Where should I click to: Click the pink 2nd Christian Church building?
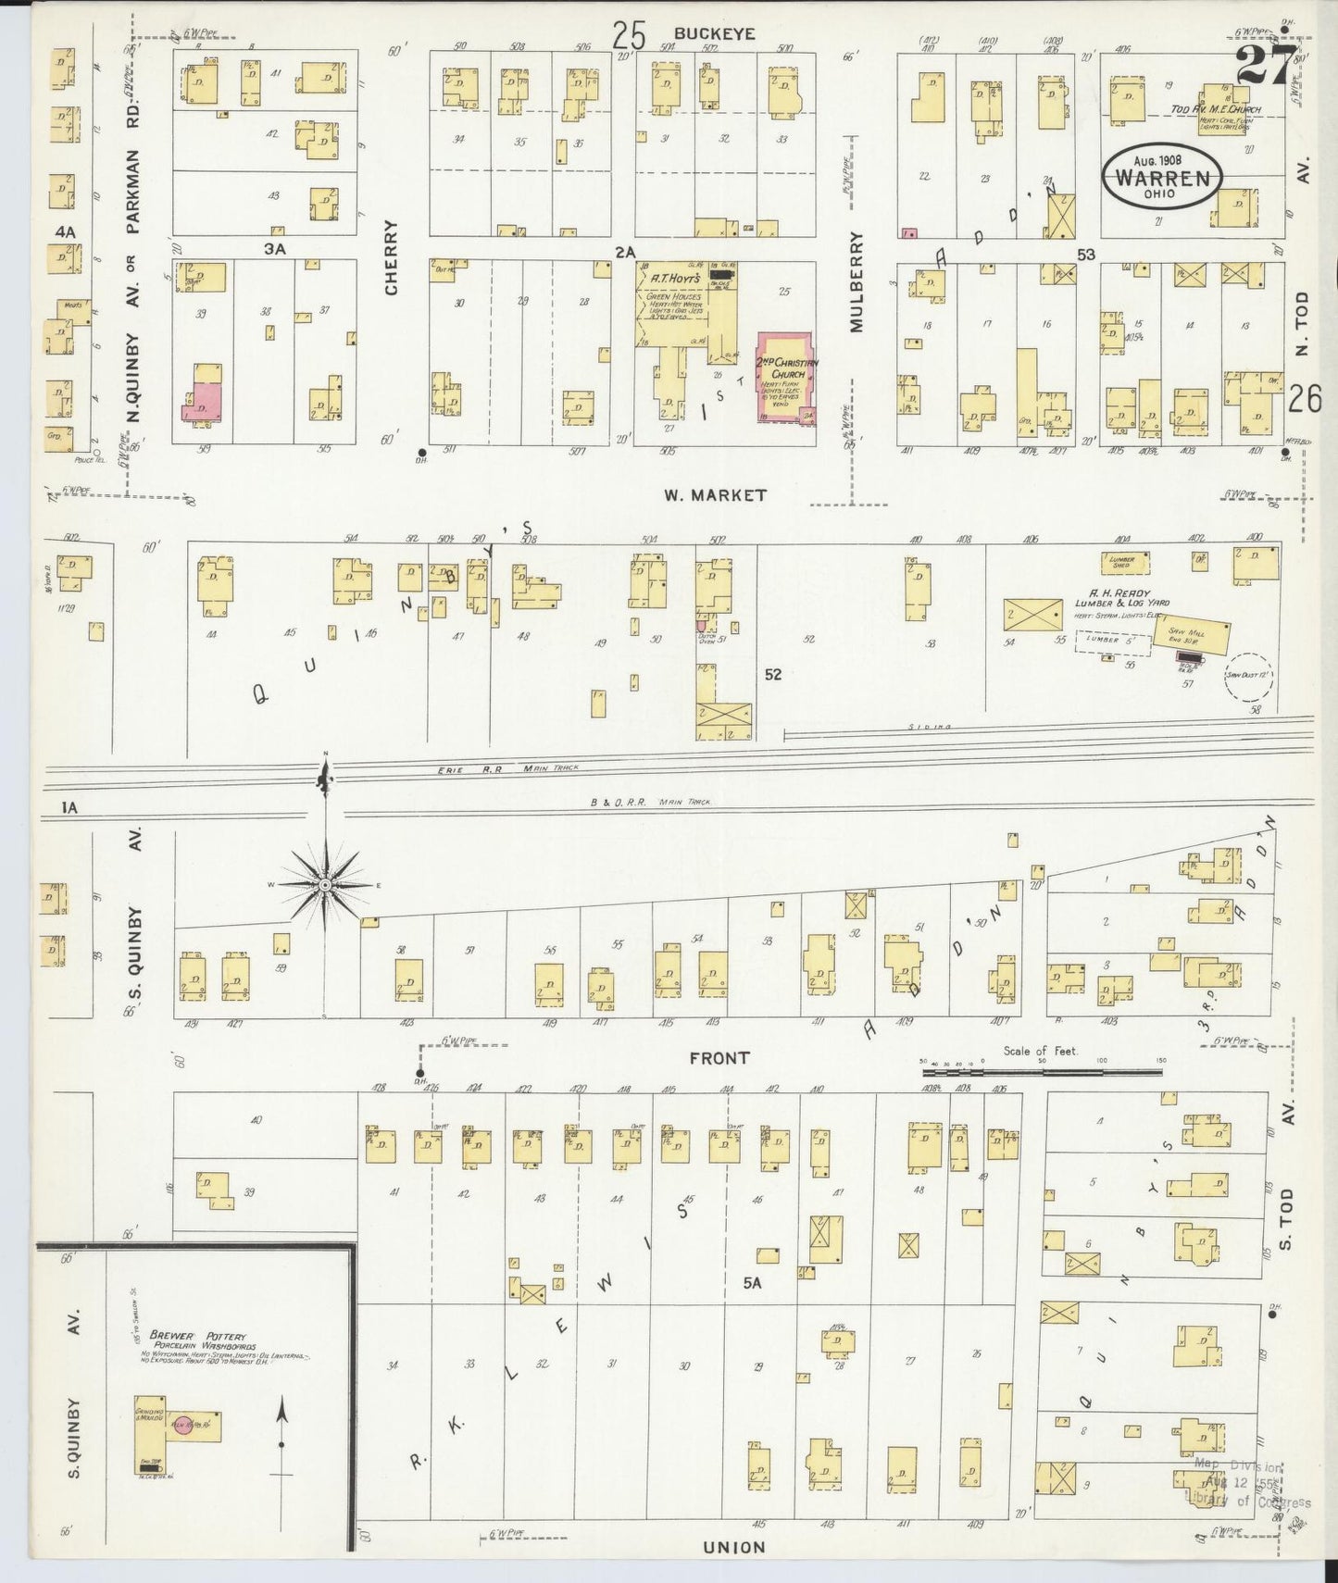coord(786,377)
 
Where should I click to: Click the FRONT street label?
coord(719,1057)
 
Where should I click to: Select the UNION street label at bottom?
coord(733,1547)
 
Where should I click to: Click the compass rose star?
coord(325,886)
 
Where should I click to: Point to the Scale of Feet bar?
coord(1041,1071)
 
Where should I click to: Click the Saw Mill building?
coord(1193,635)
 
